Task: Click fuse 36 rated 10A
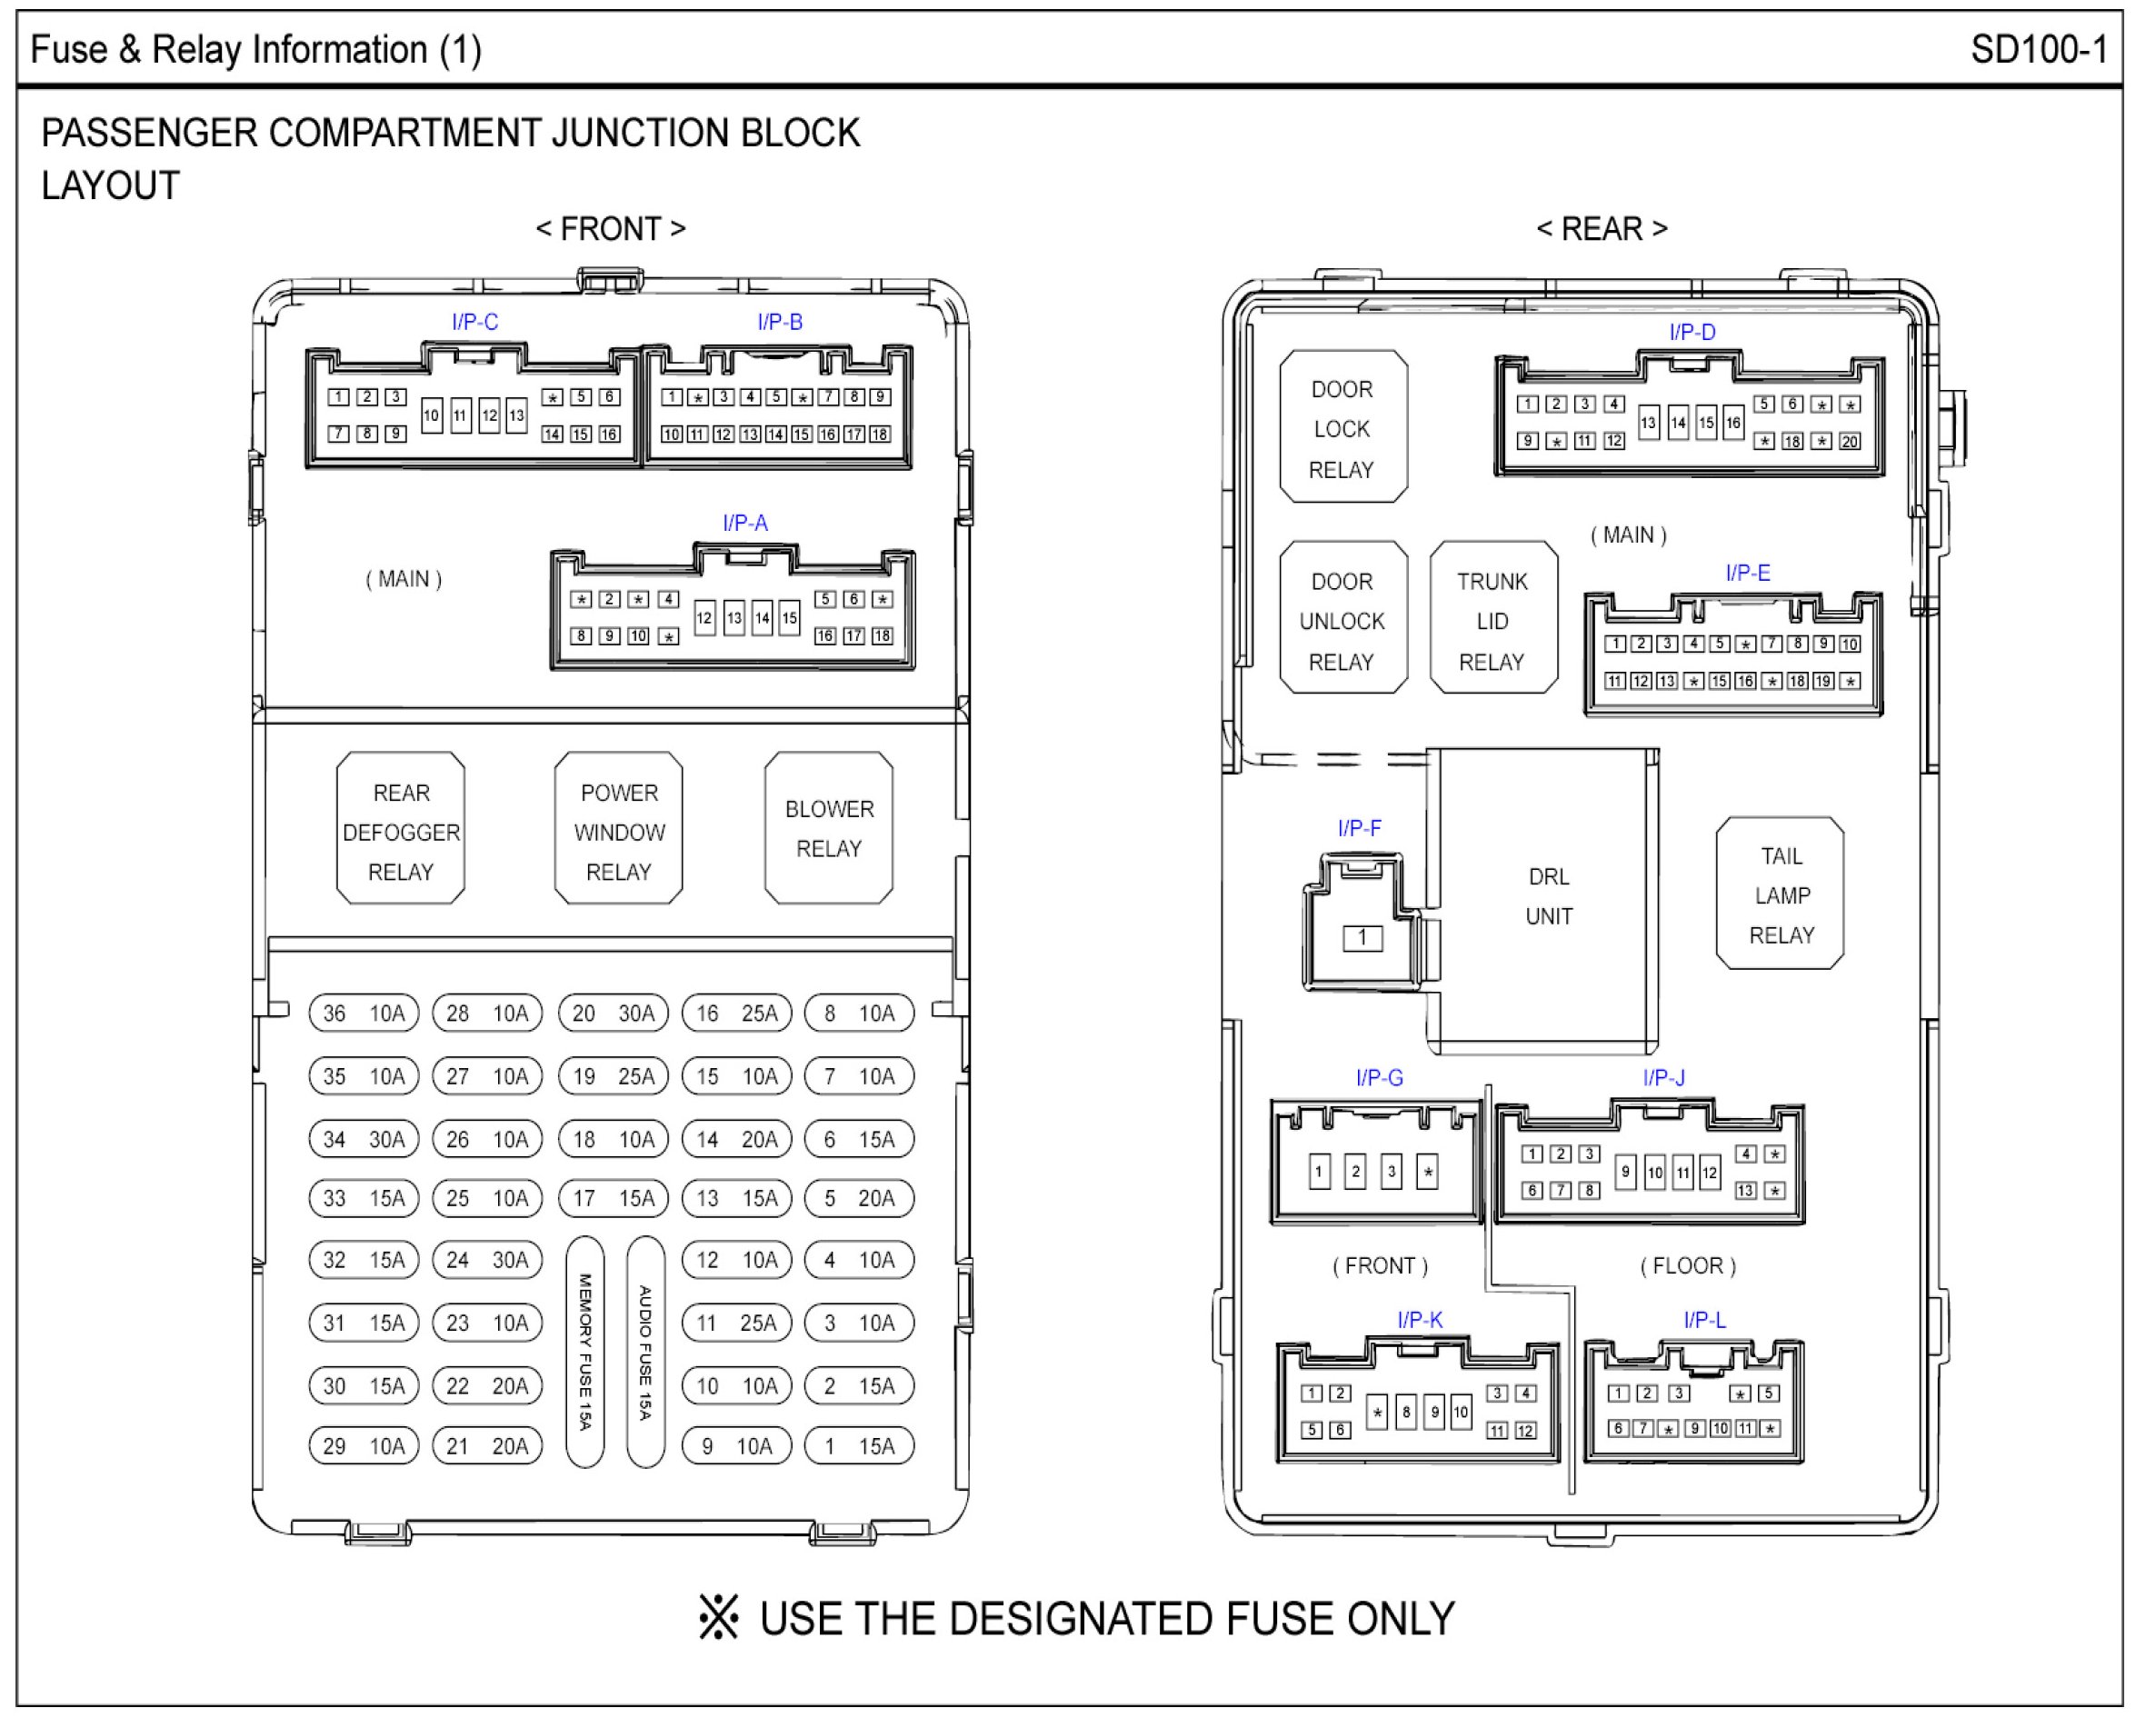coord(364,1013)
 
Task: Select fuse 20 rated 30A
coord(614,1013)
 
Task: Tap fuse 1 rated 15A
coord(859,1445)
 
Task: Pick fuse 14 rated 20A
coord(736,1139)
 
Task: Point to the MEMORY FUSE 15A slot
coord(584,1352)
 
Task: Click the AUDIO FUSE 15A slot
coord(646,1352)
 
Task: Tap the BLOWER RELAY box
coord(828,828)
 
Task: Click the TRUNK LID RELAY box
coord(1493,620)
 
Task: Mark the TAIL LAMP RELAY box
coord(1781,894)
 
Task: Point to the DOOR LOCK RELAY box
coord(1342,428)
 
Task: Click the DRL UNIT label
coord(1549,895)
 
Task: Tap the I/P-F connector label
coord(1358,828)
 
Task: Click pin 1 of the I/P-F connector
coord(1362,937)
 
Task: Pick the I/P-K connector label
coord(1419,1320)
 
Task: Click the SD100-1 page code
coord(2038,49)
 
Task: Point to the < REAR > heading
coord(1601,229)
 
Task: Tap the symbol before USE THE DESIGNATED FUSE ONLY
coord(718,1617)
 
